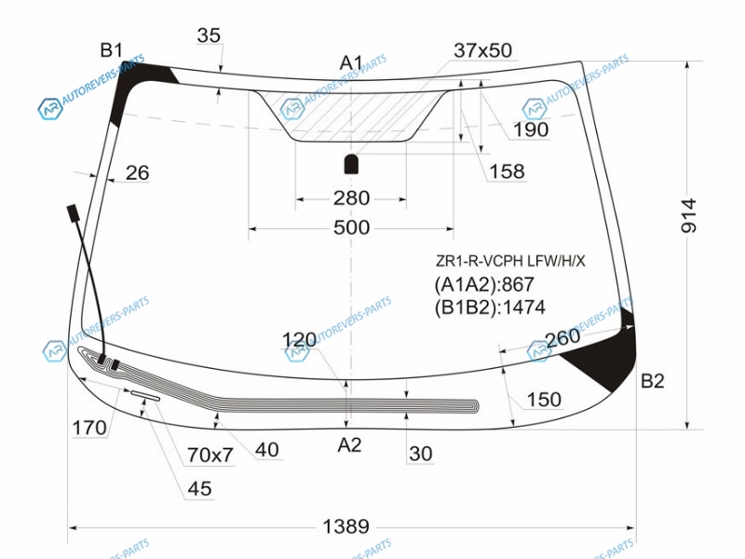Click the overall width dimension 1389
click(x=345, y=526)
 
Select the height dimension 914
click(x=688, y=216)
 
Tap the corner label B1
click(x=112, y=49)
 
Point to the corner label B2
click(x=653, y=381)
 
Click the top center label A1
click(x=351, y=62)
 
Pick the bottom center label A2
click(x=350, y=445)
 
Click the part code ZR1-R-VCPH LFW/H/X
click(x=510, y=261)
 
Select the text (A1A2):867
click(x=484, y=284)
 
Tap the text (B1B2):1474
click(x=490, y=307)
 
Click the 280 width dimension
click(x=351, y=198)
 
